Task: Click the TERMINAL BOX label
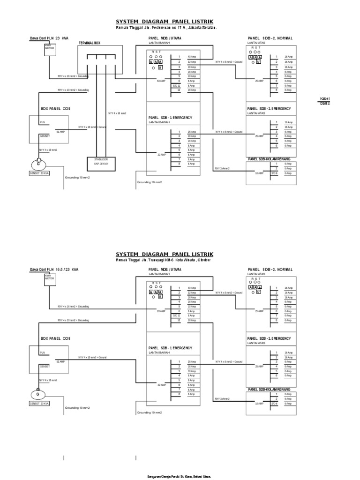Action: click(90, 43)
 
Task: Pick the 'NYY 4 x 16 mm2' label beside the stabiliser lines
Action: click(117, 113)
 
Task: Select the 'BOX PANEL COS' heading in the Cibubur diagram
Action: click(55, 338)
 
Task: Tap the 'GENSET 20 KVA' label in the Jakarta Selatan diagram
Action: click(39, 173)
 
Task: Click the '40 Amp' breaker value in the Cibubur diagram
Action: click(192, 287)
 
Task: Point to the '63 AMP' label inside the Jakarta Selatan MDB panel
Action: click(161, 81)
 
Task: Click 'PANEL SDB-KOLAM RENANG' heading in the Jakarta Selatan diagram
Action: click(269, 159)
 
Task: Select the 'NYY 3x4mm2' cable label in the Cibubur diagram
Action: click(222, 399)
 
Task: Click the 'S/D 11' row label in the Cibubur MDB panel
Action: click(176, 316)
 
